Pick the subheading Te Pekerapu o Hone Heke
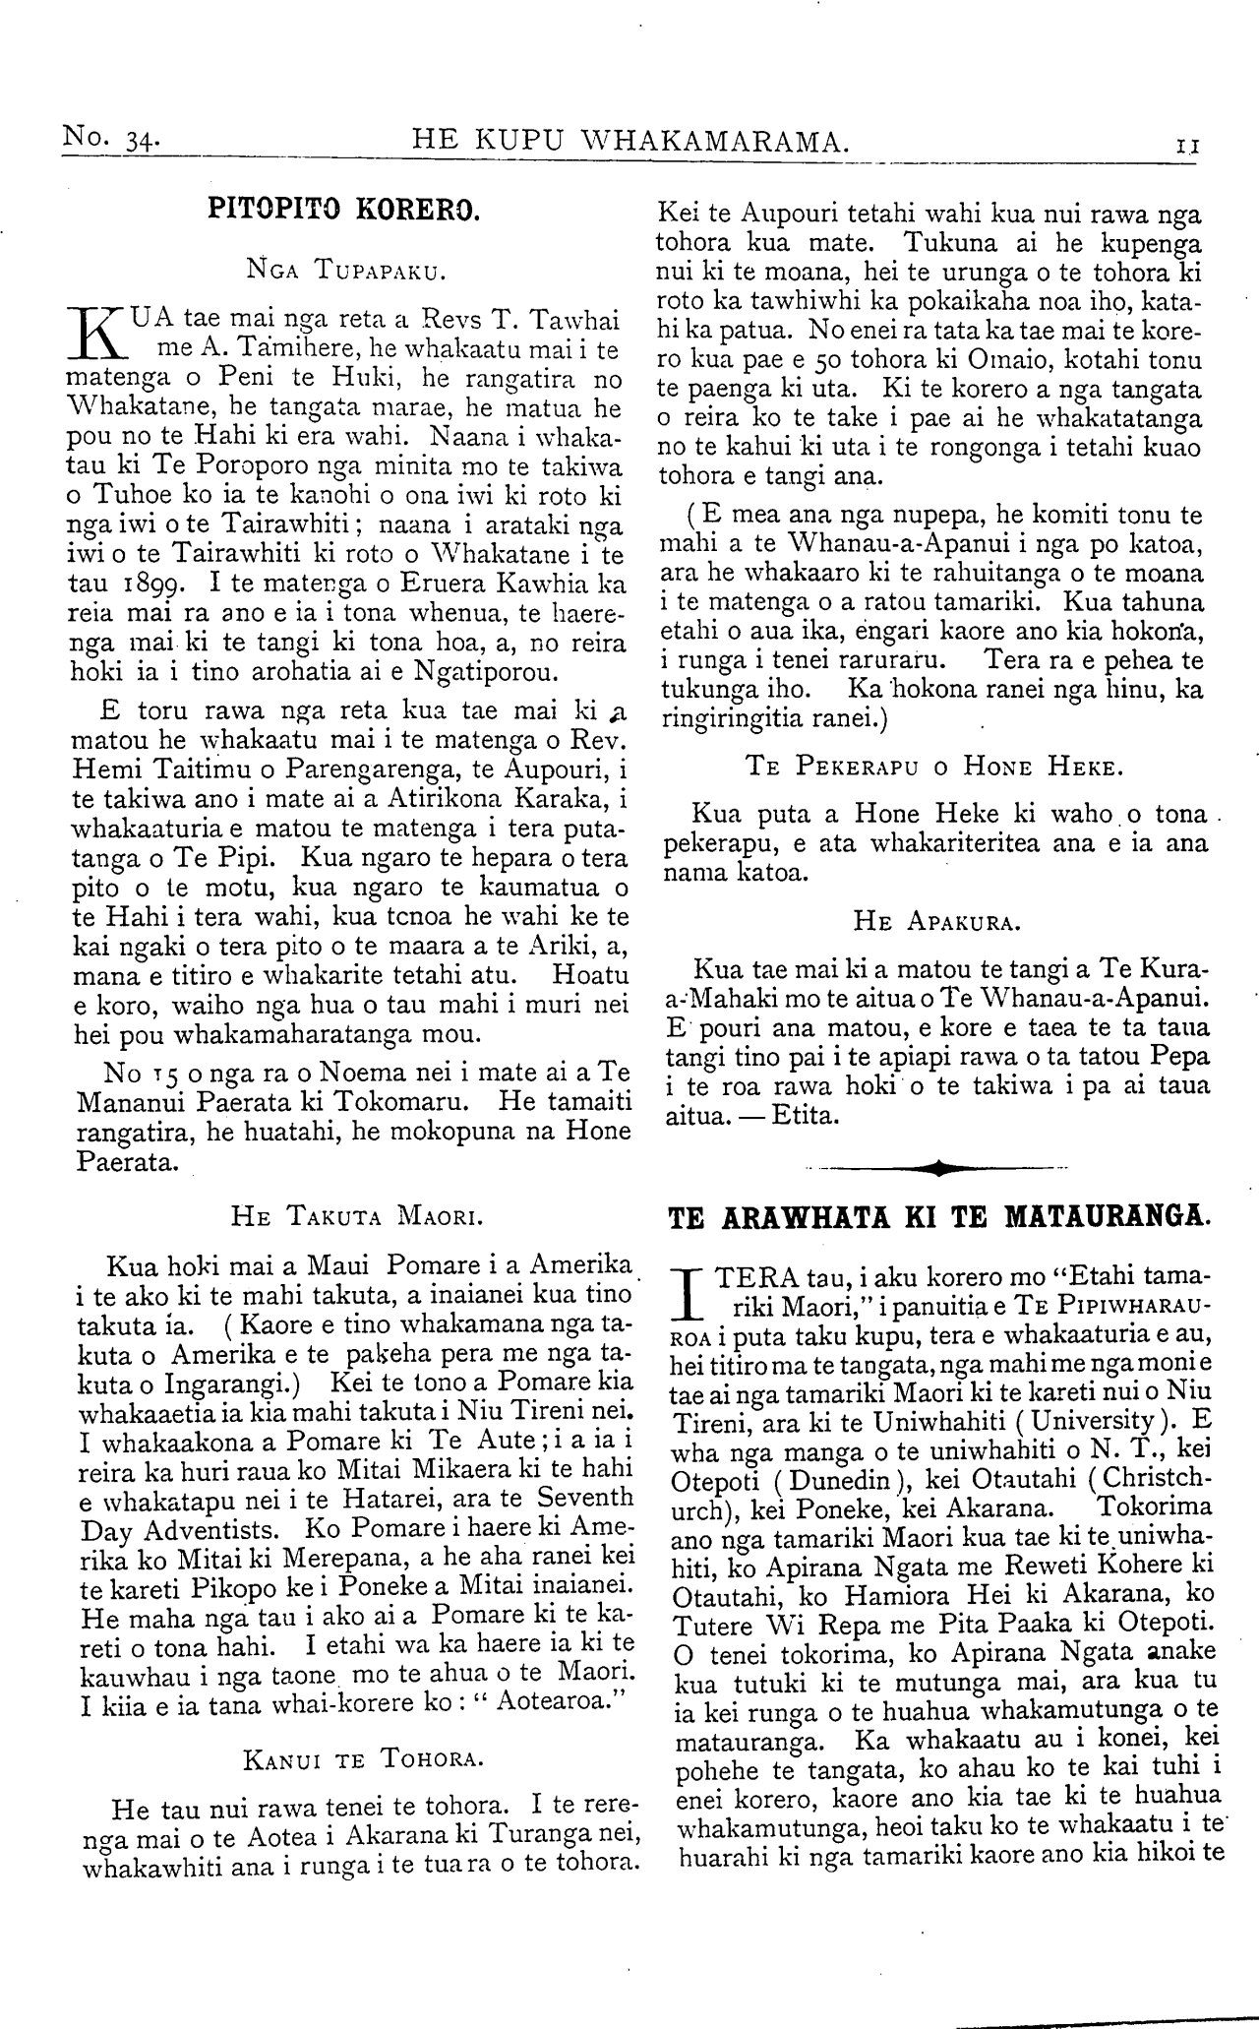click(929, 765)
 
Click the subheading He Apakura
click(938, 923)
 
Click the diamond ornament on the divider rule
click(939, 1169)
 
